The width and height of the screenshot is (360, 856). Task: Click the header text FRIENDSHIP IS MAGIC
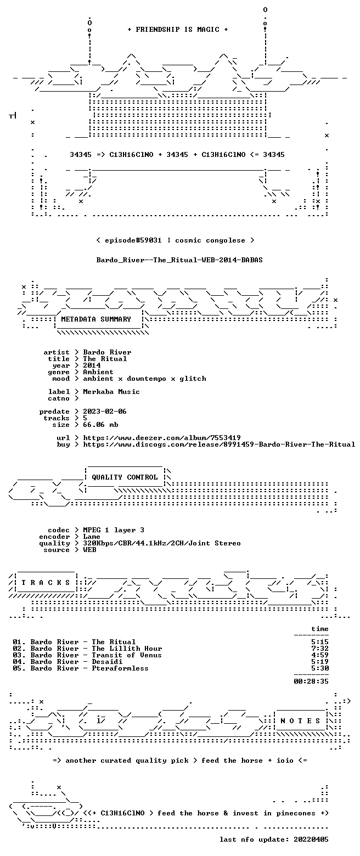[x=178, y=30]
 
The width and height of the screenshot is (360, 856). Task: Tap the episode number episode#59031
[x=133, y=240]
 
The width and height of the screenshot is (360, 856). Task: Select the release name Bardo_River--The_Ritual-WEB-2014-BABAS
[x=179, y=260]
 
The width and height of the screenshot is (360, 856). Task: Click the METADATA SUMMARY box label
[x=96, y=319]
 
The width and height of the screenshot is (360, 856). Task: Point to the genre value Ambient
[x=98, y=372]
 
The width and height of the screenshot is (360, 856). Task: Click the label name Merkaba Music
[x=111, y=392]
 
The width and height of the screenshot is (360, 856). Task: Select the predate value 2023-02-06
[x=105, y=412]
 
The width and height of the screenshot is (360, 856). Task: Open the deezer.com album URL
[x=162, y=438]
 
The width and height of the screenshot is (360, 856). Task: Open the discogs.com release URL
[x=219, y=444]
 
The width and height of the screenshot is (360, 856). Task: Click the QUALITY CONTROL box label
[x=125, y=477]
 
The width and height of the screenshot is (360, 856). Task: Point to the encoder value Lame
[x=91, y=537]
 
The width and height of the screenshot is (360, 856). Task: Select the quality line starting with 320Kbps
[x=162, y=543]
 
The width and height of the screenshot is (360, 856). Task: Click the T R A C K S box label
[x=46, y=583]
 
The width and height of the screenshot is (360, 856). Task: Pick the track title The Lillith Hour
[x=127, y=649]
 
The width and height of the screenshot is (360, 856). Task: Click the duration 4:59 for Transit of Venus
[x=320, y=655]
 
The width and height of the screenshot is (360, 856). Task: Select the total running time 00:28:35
[x=311, y=682]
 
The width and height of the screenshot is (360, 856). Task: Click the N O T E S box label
[x=300, y=720]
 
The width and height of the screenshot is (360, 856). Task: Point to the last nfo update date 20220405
[x=311, y=839]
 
